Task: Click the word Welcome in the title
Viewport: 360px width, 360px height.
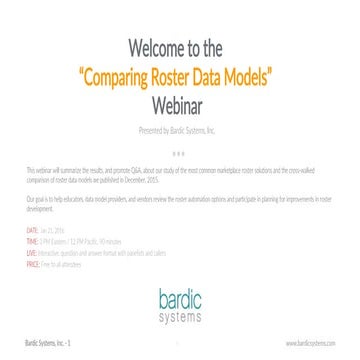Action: (x=149, y=51)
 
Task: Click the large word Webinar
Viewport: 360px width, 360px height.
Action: (x=180, y=102)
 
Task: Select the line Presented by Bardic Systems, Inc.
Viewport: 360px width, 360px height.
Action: (x=180, y=131)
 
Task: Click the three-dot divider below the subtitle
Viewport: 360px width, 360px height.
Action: (x=180, y=154)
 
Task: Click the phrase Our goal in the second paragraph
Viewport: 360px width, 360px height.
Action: (x=36, y=203)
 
